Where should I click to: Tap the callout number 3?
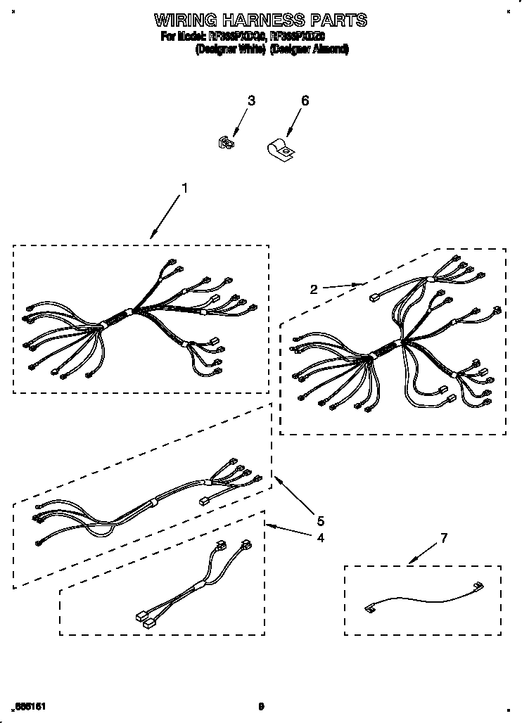[x=251, y=101]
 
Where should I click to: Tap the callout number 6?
[x=305, y=101]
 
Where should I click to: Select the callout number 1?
[x=185, y=188]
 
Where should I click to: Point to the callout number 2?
[x=314, y=288]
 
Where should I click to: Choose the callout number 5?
[x=320, y=521]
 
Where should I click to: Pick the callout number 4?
[x=320, y=538]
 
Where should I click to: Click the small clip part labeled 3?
[x=226, y=143]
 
